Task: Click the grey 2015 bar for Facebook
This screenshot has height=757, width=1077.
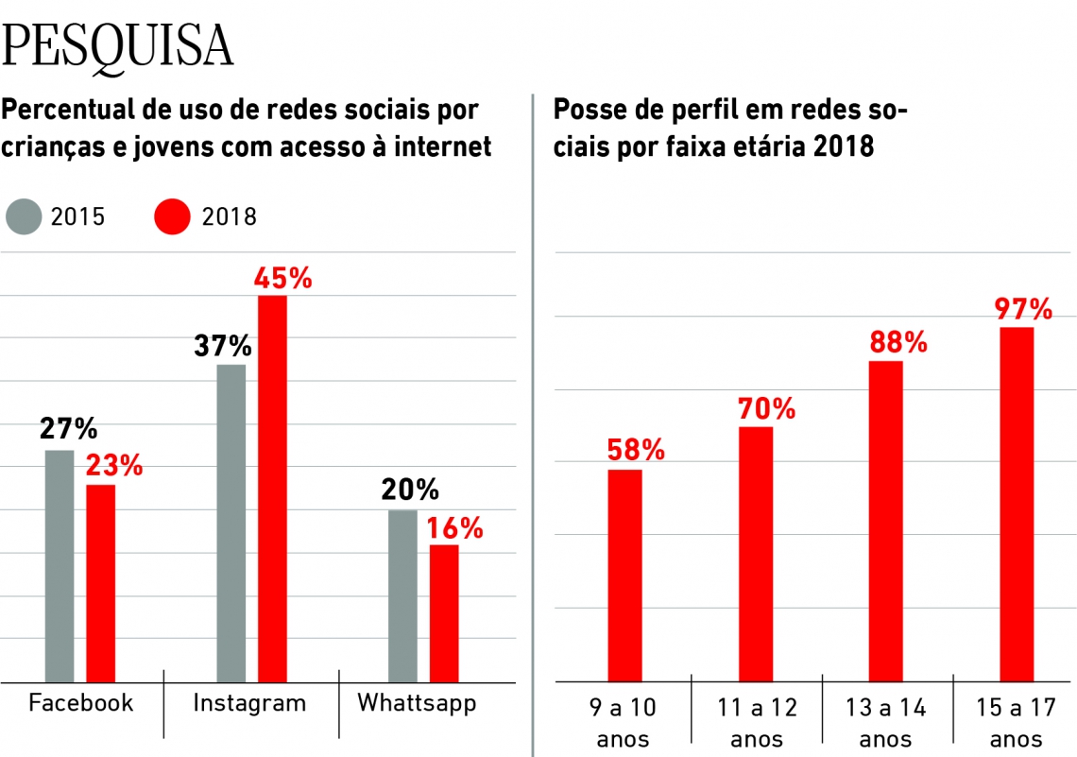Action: click(x=60, y=565)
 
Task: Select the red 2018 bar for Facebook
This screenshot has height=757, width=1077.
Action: click(x=101, y=582)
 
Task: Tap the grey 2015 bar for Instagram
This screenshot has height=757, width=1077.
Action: click(x=231, y=523)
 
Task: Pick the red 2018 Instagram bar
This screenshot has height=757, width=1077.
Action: click(x=273, y=488)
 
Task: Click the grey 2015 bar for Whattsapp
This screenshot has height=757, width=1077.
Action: click(x=402, y=595)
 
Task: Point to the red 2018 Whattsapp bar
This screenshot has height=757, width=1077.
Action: click(x=444, y=612)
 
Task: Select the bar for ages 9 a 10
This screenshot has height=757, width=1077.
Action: click(x=624, y=576)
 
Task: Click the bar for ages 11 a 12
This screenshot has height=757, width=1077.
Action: click(x=756, y=554)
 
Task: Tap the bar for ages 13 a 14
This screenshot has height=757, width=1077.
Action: click(x=886, y=521)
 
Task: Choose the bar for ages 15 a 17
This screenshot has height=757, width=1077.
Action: click(x=1017, y=504)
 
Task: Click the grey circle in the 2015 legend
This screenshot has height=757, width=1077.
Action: click(x=25, y=216)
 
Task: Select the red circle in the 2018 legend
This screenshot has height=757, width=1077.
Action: click(x=171, y=216)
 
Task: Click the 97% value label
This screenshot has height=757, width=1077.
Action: click(x=1022, y=309)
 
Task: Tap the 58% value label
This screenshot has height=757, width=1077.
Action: click(x=636, y=450)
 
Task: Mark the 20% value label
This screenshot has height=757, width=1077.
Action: click(x=410, y=490)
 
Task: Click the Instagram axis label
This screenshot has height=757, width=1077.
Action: click(x=249, y=703)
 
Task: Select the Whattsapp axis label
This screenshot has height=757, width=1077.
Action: click(x=417, y=703)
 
